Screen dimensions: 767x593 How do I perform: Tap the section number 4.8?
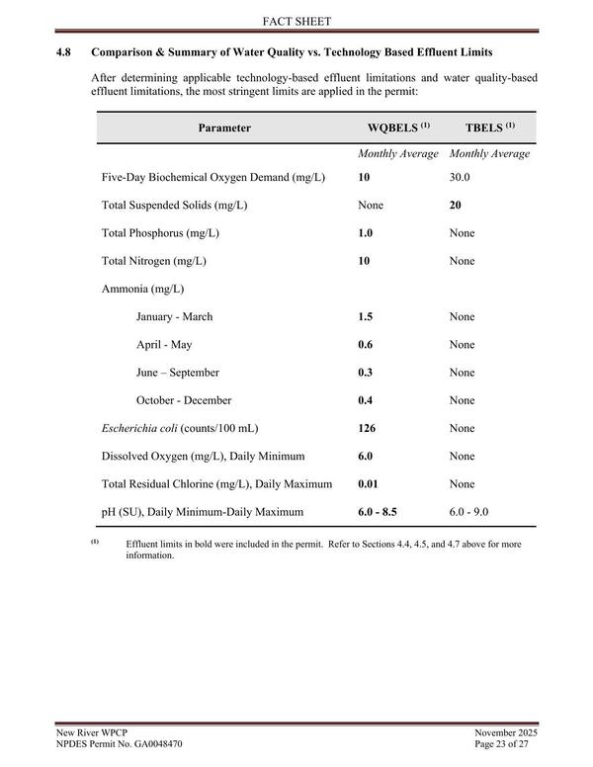tap(64, 50)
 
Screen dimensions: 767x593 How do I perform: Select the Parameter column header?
tap(224, 128)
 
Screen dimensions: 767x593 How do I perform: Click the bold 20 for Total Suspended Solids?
tap(456, 205)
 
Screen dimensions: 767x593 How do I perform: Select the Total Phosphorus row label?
tap(160, 233)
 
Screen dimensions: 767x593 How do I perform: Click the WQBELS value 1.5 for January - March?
tap(366, 316)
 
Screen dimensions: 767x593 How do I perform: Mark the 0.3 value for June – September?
tap(366, 373)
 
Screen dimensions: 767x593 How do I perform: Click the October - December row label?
tap(184, 400)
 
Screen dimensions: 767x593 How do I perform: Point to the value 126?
tap(368, 429)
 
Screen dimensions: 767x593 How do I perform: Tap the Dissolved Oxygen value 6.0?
tap(366, 457)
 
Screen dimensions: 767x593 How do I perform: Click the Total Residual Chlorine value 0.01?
tap(369, 484)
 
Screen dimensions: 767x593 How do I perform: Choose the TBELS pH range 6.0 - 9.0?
tap(469, 512)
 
